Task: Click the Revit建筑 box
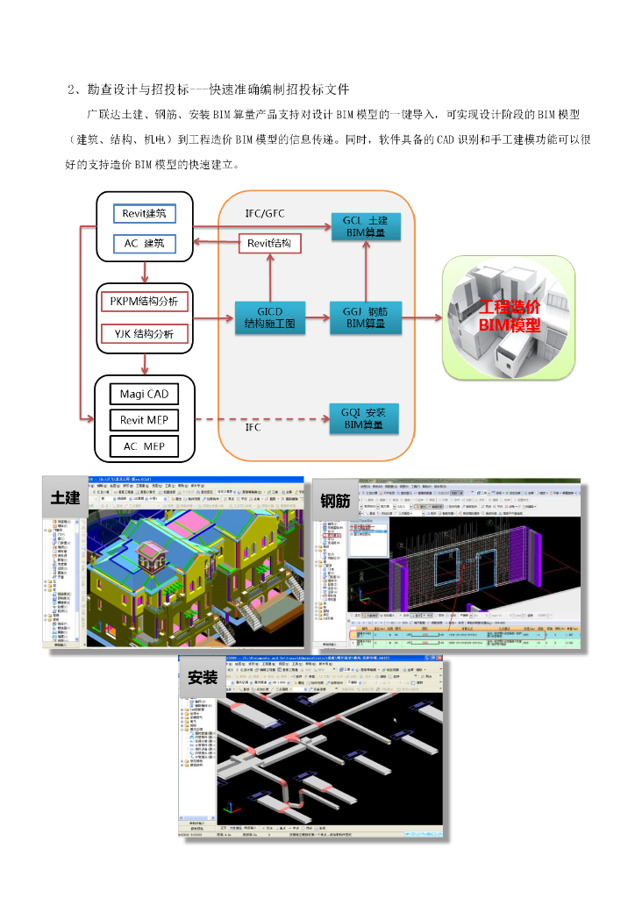point(145,213)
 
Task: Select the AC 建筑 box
point(145,243)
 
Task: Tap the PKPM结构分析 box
point(145,302)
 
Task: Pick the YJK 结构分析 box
point(145,333)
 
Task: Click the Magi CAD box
point(145,394)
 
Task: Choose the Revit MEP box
point(145,420)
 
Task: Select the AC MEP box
point(145,446)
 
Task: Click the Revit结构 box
point(270,243)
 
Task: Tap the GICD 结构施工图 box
point(270,317)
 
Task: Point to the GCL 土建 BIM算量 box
point(366,226)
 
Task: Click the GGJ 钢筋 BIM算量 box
point(366,317)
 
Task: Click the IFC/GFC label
point(265,213)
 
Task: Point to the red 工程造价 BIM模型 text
point(510,317)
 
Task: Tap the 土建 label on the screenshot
point(66,497)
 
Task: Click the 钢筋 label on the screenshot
point(335,501)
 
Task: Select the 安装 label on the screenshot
point(203,676)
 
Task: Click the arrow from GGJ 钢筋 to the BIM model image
point(421,317)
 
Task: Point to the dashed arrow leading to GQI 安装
point(263,419)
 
